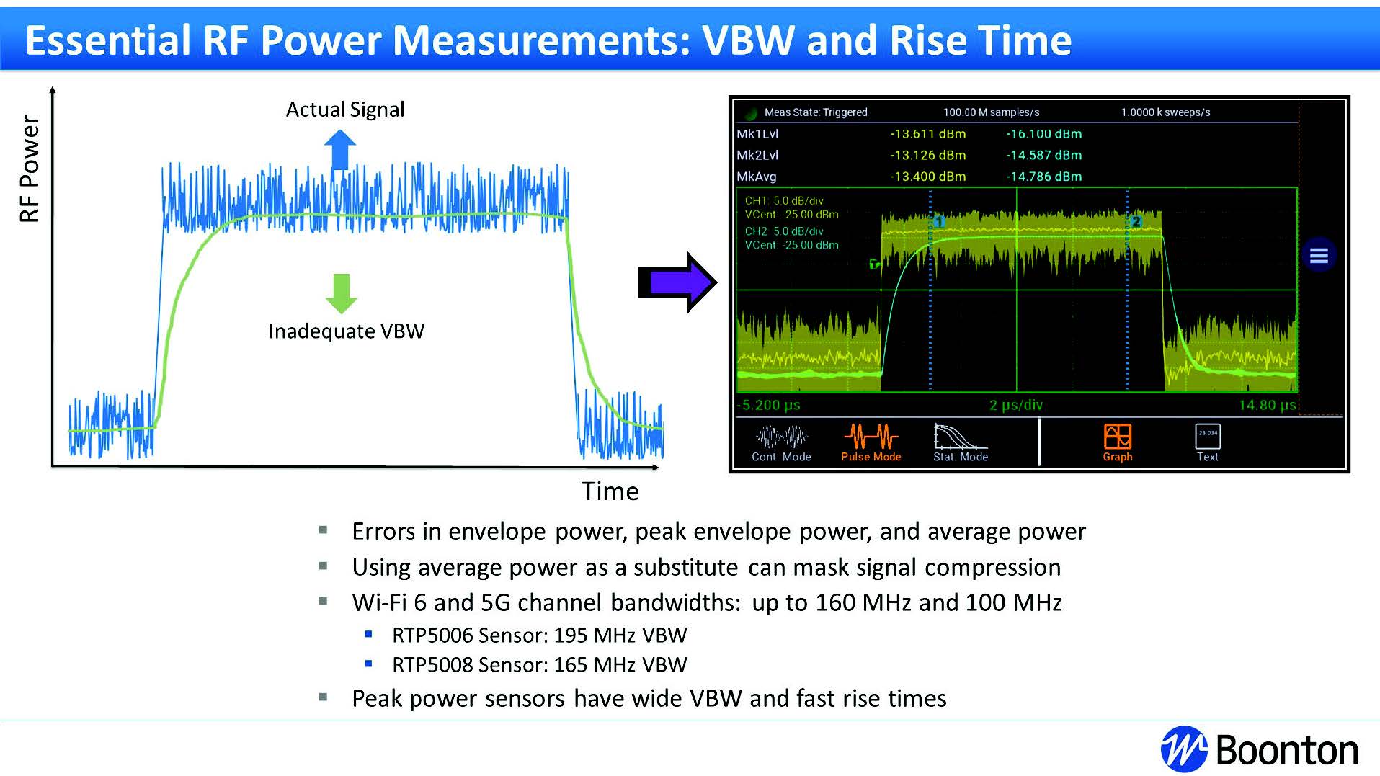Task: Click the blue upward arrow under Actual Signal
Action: [x=340, y=150]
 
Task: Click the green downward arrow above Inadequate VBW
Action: [x=342, y=293]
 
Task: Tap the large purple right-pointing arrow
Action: [x=677, y=282]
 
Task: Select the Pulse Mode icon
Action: [x=871, y=437]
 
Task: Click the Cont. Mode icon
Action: [x=781, y=437]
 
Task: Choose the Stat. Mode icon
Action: [x=960, y=436]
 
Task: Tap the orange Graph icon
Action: [x=1118, y=436]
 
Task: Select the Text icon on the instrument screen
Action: [x=1208, y=436]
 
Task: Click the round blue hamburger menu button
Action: [x=1319, y=255]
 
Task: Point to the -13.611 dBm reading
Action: [x=928, y=134]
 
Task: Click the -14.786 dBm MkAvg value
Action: [x=1044, y=177]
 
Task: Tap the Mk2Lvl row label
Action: [x=757, y=155]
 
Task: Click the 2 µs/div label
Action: [x=1016, y=405]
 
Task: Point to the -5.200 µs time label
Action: [x=769, y=405]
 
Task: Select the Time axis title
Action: [x=610, y=491]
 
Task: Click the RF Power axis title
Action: [x=30, y=169]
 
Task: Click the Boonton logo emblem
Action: [x=1184, y=749]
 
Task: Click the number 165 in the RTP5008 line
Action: [x=571, y=665]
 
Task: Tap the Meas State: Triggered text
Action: [x=816, y=112]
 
